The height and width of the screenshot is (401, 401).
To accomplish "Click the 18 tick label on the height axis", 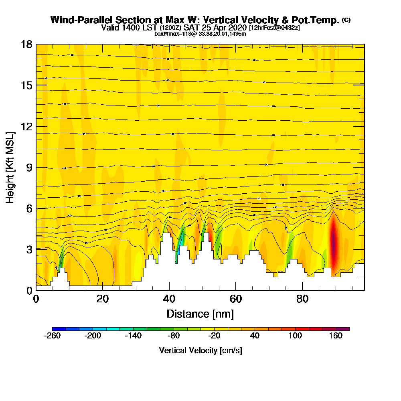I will pyautogui.click(x=26, y=44).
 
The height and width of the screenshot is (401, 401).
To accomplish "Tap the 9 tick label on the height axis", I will pyautogui.click(x=29, y=167).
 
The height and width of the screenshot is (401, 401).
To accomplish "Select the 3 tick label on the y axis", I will pyautogui.click(x=29, y=249).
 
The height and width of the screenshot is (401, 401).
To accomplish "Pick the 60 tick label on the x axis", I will pyautogui.click(x=236, y=299).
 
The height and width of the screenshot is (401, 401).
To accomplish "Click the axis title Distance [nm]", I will pyautogui.click(x=200, y=314).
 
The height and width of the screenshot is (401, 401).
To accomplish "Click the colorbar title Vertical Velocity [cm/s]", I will pyautogui.click(x=200, y=350).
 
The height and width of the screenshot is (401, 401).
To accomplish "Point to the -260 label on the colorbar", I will pyautogui.click(x=53, y=336).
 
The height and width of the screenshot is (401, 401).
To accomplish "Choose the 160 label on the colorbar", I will pyautogui.click(x=336, y=336).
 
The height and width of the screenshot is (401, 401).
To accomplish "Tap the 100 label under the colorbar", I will pyautogui.click(x=296, y=336).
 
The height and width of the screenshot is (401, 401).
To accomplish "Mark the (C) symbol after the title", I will pyautogui.click(x=346, y=20).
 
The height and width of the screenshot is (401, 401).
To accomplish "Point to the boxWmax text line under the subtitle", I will pyautogui.click(x=200, y=34).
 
